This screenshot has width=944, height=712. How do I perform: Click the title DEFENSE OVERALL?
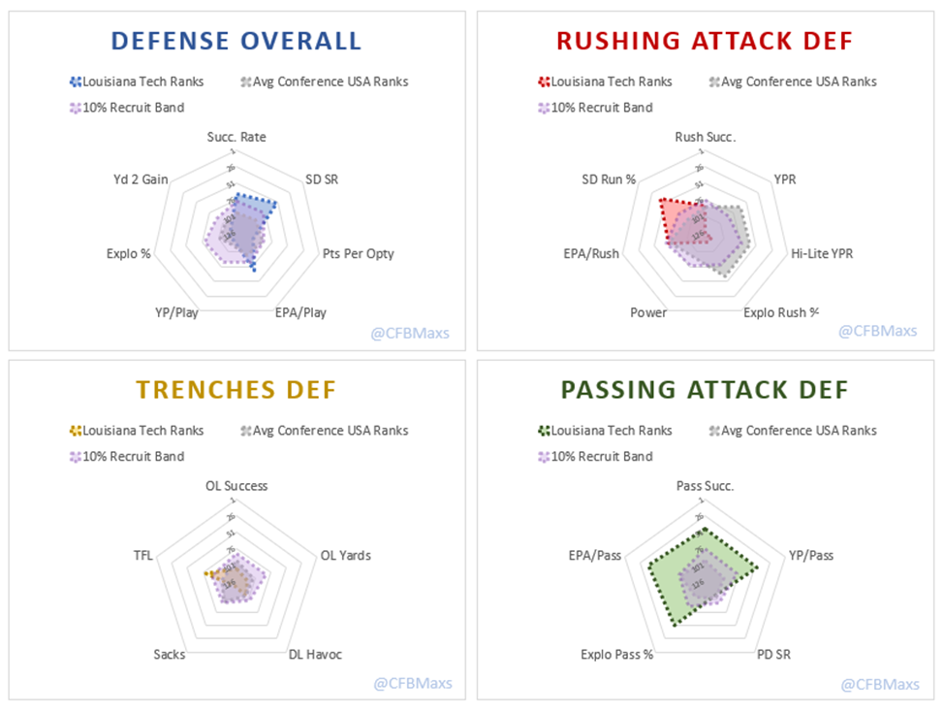click(x=236, y=41)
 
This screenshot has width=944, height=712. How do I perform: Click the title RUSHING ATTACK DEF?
click(x=705, y=41)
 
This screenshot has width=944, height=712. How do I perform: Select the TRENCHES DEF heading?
click(x=236, y=390)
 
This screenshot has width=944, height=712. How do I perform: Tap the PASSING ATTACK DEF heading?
click(x=705, y=390)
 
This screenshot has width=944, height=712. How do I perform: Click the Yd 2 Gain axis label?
click(x=140, y=179)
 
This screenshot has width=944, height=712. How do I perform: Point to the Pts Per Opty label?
click(x=358, y=254)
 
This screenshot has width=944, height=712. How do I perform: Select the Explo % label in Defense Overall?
click(x=128, y=254)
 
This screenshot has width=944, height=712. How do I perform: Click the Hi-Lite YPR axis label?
click(x=822, y=254)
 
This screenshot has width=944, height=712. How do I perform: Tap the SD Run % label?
click(x=609, y=179)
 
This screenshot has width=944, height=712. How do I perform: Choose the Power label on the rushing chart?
click(x=647, y=312)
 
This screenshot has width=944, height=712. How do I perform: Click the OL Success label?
click(x=236, y=486)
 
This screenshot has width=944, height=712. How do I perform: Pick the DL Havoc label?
click(x=315, y=655)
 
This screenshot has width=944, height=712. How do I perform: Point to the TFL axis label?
click(x=142, y=556)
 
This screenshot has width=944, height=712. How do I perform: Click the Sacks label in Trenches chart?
click(x=169, y=655)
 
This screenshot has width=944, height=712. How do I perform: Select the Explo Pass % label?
click(x=617, y=655)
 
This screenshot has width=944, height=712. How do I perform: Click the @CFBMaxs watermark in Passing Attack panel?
click(x=880, y=685)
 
